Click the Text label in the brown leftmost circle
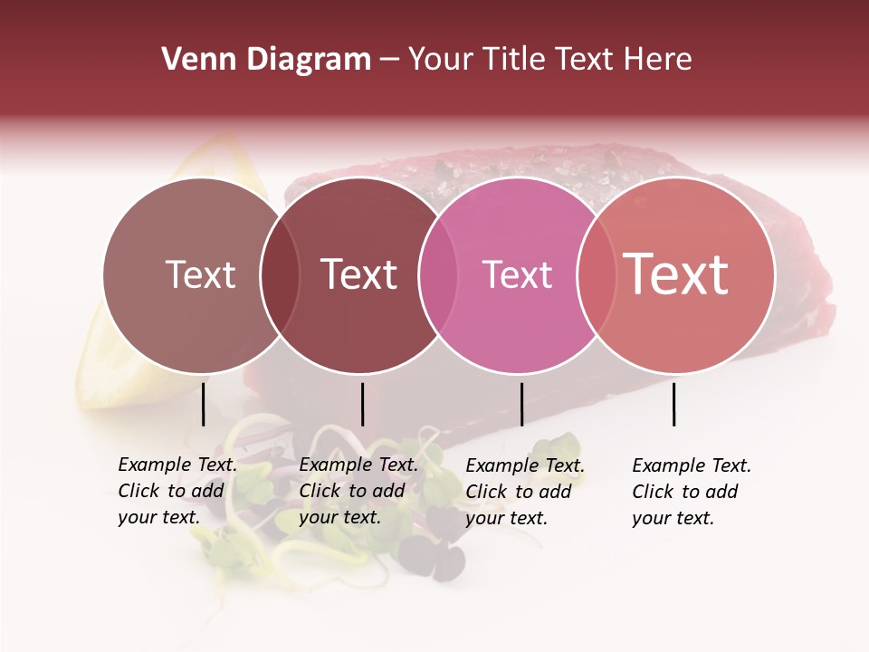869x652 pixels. click(200, 274)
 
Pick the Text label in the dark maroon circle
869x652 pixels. click(359, 274)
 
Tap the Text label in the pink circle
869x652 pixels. click(517, 274)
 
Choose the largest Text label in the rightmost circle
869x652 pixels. click(676, 274)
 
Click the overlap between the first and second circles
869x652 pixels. click(280, 274)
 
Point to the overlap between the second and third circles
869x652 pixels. click(438, 274)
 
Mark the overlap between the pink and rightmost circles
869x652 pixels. click(596, 274)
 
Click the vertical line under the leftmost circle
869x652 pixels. click(204, 404)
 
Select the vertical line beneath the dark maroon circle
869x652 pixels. click(362, 404)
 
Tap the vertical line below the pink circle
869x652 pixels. click(521, 404)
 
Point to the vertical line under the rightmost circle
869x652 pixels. click(674, 404)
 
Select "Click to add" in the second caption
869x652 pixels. click(351, 491)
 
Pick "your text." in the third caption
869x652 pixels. click(506, 518)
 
